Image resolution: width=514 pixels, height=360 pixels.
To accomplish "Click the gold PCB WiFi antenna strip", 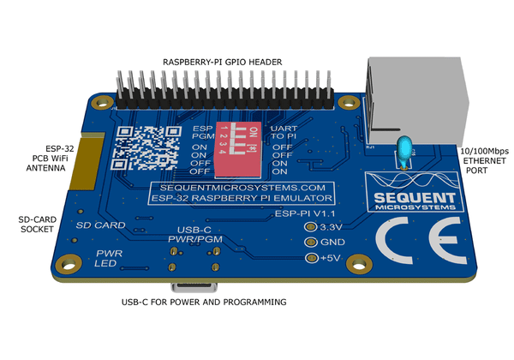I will click(83, 162).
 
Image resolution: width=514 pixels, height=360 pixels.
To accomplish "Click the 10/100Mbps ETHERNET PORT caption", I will click(481, 160).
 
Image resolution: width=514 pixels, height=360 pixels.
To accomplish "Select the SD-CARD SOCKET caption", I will click(36, 225).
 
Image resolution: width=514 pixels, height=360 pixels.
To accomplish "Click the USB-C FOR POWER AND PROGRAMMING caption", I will click(204, 303).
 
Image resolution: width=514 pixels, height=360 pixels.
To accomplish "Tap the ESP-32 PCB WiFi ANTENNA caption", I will click(47, 159).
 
